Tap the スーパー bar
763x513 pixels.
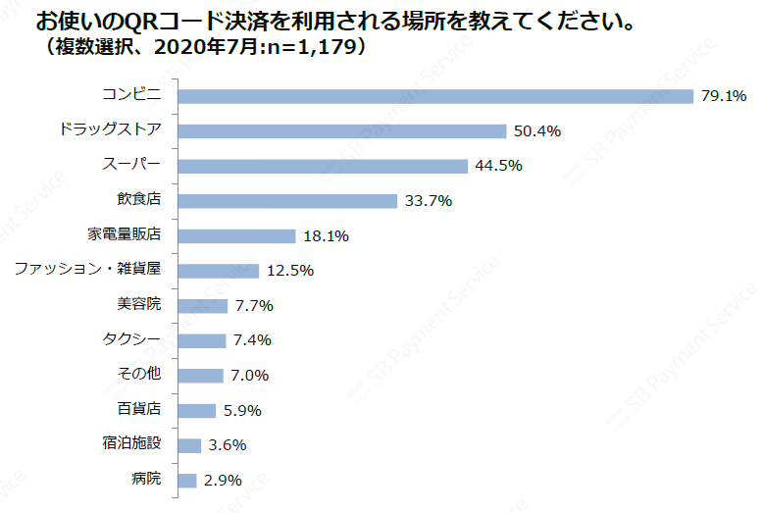coord(323,166)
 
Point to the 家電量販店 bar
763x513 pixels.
coord(236,236)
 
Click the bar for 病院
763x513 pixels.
coord(187,480)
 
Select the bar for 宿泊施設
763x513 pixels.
coord(189,445)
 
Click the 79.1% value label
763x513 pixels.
coord(724,96)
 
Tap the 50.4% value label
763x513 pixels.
coord(536,131)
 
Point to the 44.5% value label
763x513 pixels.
coord(498,166)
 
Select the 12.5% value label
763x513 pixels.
coord(289,271)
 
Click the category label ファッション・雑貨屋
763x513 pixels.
coord(88,270)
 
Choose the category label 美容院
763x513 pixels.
coord(138,305)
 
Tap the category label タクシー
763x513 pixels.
coord(132,340)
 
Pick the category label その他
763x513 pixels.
coord(138,375)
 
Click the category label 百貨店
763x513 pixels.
coord(138,410)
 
